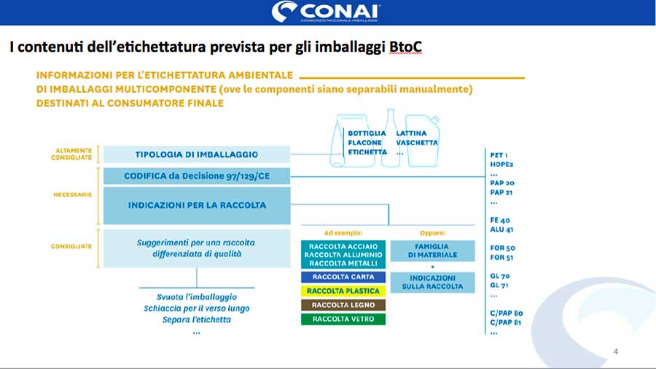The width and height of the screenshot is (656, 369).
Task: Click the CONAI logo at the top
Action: coord(327,12)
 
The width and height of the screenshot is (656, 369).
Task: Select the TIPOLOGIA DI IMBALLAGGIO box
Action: coord(197,155)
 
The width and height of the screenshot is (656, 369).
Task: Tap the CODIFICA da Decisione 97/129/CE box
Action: coord(197,176)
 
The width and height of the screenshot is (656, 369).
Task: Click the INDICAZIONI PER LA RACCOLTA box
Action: coord(197,205)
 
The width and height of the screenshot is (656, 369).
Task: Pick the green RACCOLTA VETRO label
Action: coord(343,319)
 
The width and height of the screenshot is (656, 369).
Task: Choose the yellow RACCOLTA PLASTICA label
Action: coord(343,291)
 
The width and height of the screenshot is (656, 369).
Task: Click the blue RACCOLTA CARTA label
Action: coord(343,277)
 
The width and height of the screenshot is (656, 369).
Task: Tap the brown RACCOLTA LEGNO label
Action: coord(343,305)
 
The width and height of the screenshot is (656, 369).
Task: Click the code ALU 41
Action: coord(502,229)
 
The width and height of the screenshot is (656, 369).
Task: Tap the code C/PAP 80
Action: coord(507,313)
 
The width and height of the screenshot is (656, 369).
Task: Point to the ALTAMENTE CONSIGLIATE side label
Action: coord(74,154)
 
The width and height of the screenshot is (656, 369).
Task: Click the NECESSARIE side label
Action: coord(74,195)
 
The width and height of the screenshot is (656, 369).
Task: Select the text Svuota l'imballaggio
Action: coord(197,298)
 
